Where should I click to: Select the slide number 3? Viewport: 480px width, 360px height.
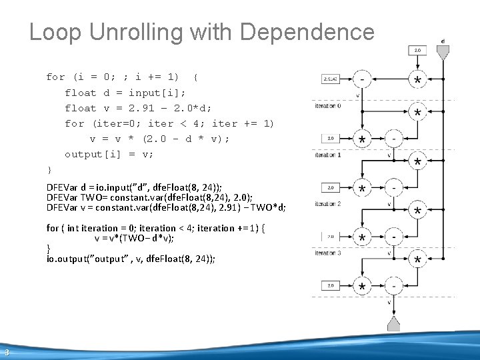[5, 353]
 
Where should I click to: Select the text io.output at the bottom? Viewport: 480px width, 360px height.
[67, 259]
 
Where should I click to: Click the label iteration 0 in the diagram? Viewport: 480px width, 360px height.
[328, 105]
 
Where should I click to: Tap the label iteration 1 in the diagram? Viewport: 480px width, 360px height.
[328, 155]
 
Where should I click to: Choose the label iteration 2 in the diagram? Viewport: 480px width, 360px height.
[328, 203]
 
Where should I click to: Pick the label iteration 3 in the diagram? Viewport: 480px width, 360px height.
[328, 253]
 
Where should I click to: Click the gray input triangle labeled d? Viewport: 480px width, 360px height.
[443, 51]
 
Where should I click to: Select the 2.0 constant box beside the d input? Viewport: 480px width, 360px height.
[418, 50]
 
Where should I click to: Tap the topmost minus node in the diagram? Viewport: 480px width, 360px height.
[362, 79]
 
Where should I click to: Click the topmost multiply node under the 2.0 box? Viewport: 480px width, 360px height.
[418, 79]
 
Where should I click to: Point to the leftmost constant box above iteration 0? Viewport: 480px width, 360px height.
[331, 79]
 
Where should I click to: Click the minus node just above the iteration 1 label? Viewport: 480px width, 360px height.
[394, 139]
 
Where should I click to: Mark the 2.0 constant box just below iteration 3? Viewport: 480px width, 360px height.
[331, 285]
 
